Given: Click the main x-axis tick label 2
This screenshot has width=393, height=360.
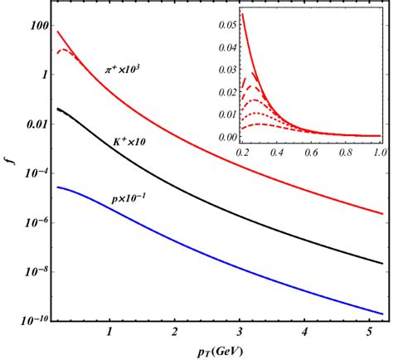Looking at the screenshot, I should (x=174, y=332).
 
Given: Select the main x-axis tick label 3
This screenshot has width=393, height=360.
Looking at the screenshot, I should (x=240, y=332).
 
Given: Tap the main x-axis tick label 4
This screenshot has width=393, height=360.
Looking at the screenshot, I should (x=304, y=332).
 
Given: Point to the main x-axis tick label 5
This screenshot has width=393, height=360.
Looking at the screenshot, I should (x=369, y=332).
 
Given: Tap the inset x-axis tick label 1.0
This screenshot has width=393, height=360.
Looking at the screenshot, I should (x=380, y=155).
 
